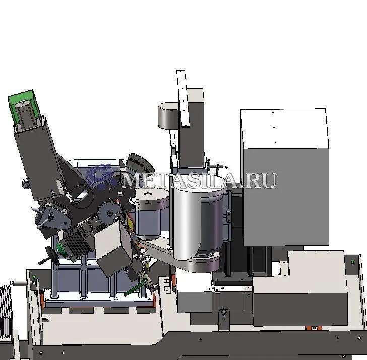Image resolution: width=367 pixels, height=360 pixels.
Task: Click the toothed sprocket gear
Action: tap(109, 212)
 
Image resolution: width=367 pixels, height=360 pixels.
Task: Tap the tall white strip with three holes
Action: tap(183, 98)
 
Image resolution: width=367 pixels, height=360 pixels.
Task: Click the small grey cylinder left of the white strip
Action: tap(168, 116)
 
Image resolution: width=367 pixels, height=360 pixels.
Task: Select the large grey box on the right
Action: tap(285, 177)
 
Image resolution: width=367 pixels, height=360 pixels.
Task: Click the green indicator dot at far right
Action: tap(353, 262)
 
